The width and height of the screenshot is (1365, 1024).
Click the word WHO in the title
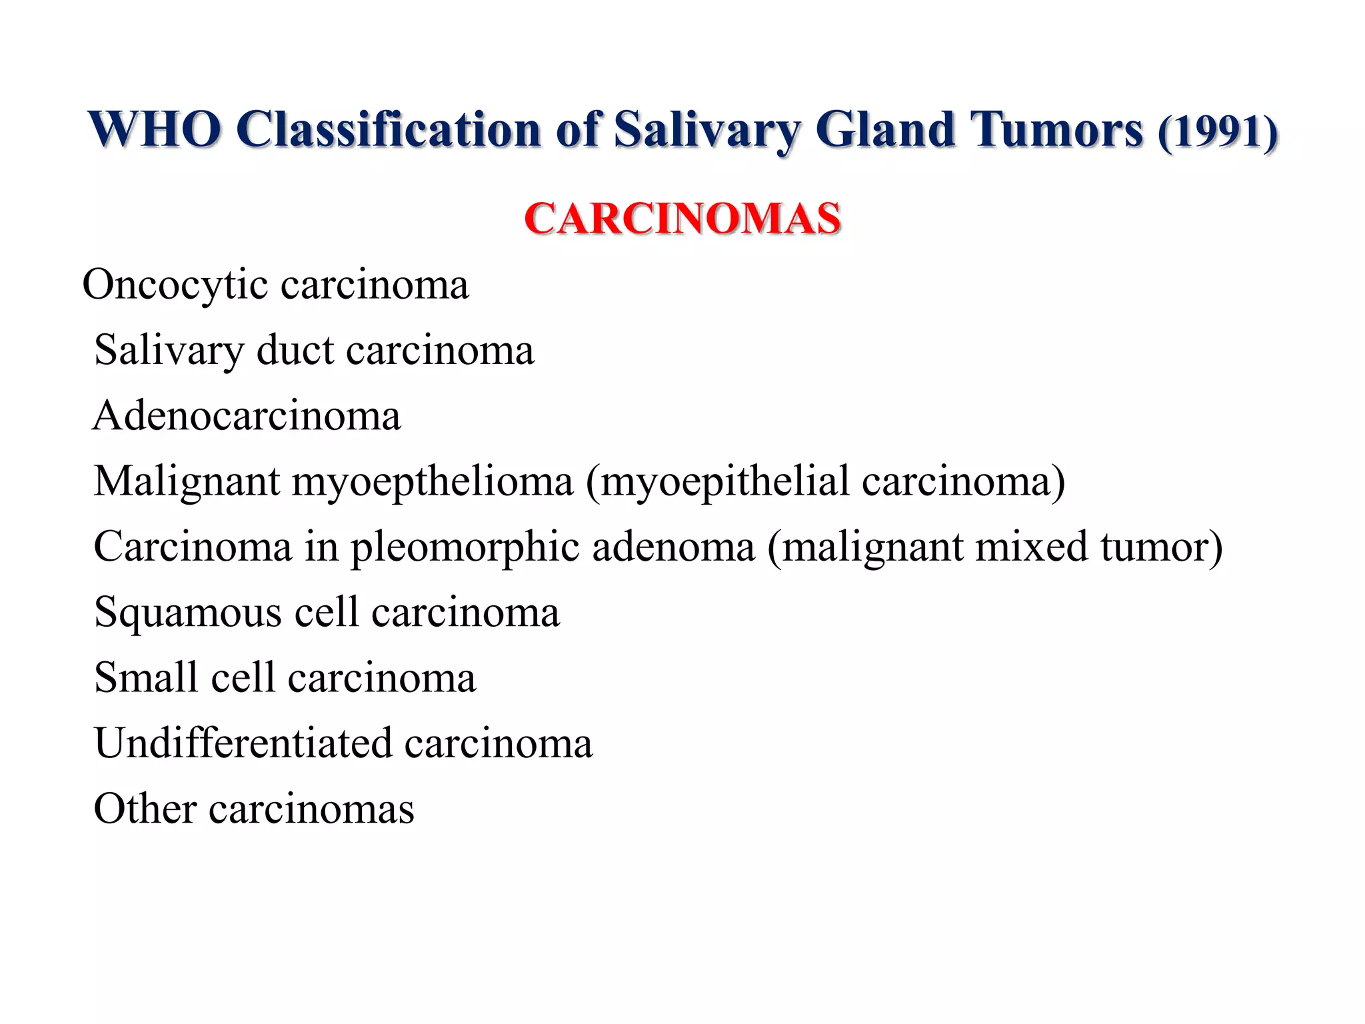point(155,129)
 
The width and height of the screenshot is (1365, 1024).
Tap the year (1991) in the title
point(1218,132)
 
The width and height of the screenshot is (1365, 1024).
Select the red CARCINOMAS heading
point(682,219)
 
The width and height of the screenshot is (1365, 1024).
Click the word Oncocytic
point(175,285)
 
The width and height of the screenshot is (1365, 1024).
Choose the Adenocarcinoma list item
point(247,415)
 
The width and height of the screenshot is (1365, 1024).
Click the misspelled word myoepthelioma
point(432,481)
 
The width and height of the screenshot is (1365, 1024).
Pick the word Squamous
point(188,613)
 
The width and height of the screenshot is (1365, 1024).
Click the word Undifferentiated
point(243,743)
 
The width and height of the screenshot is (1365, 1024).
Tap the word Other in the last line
point(145,809)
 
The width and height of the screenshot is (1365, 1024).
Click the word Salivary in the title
point(706,131)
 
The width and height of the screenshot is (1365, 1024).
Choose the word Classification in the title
point(389,129)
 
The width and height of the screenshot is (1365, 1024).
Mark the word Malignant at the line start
point(187,481)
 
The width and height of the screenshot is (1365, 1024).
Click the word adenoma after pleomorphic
point(673,547)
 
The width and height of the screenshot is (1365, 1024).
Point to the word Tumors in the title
point(1056,129)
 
